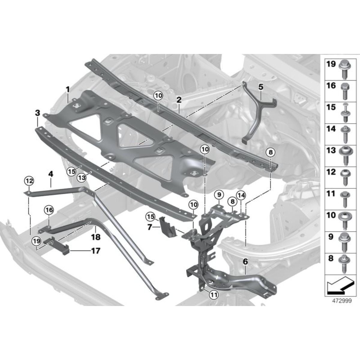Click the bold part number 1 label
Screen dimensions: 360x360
tap(67, 89)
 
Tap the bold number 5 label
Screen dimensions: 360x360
tap(261, 87)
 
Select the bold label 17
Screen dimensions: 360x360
tap(95, 251)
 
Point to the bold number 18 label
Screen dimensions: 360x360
tap(96, 237)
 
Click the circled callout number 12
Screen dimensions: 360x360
tap(29, 181)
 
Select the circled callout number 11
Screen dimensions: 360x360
tap(214, 295)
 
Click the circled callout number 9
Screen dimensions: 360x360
tap(219, 195)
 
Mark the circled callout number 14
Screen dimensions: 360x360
tap(241, 195)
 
